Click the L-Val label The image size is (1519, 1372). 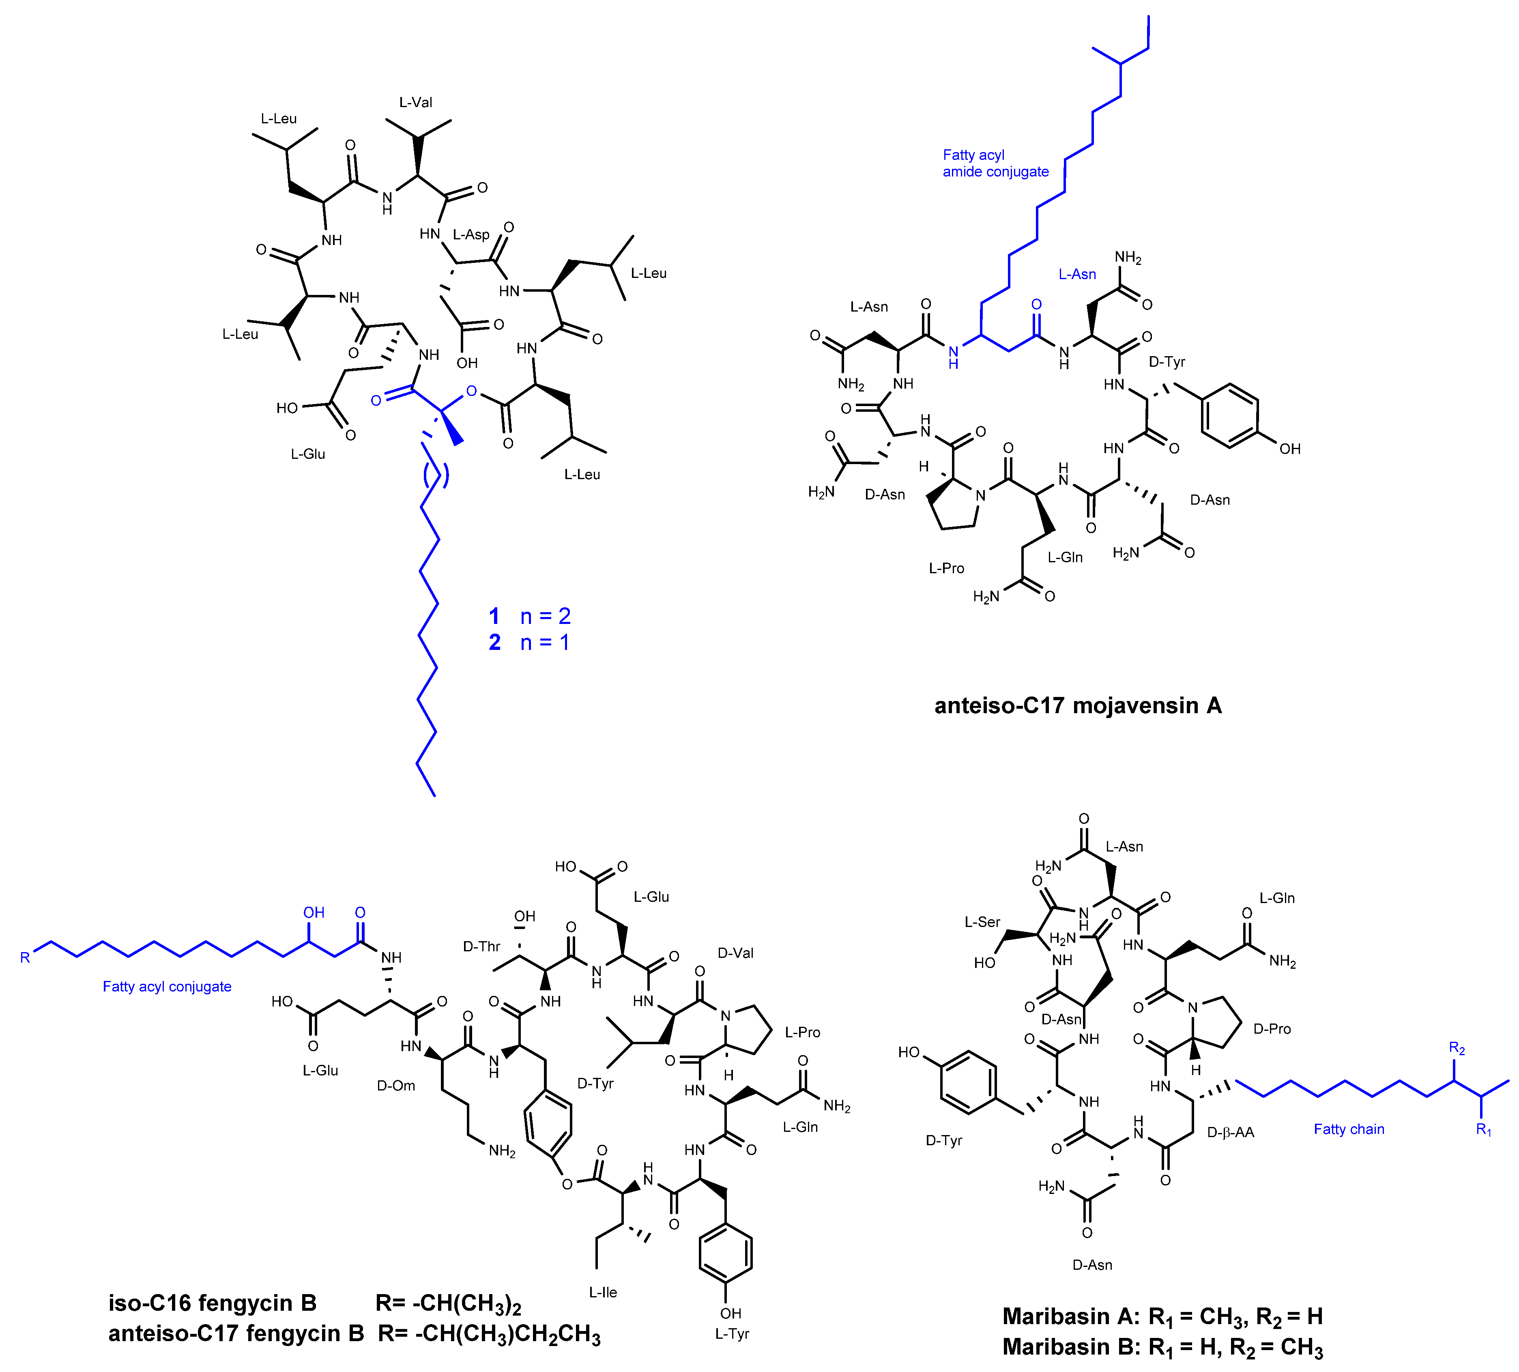[415, 103]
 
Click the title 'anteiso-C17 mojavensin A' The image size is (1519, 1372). [1077, 706]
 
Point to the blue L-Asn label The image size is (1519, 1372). [1077, 274]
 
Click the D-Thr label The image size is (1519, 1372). [481, 947]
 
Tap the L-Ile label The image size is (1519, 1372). [603, 1293]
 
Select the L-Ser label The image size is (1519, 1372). [982, 922]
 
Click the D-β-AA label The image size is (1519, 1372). [1231, 1132]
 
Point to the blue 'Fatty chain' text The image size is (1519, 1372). [1349, 1129]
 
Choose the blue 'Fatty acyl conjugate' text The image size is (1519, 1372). [167, 987]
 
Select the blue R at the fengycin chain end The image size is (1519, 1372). [25, 958]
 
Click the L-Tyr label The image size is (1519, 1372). [732, 1334]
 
